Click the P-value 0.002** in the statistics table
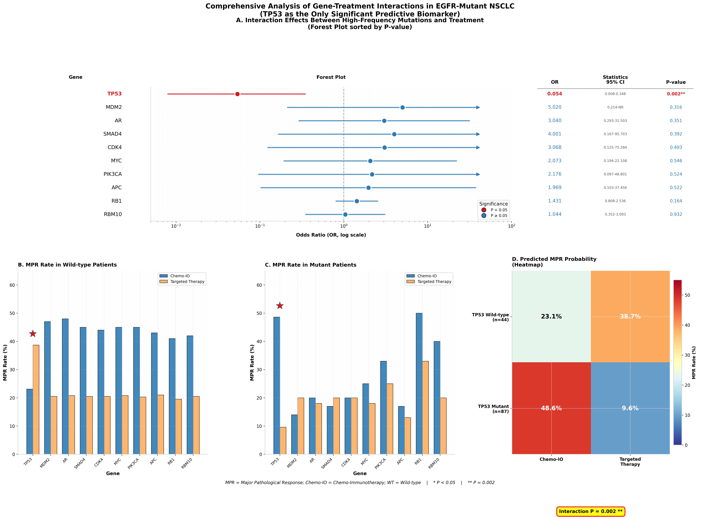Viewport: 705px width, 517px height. pyautogui.click(x=676, y=94)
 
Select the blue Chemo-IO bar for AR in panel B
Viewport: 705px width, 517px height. pyautogui.click(x=65, y=387)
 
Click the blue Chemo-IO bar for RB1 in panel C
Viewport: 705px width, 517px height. pyautogui.click(x=419, y=384)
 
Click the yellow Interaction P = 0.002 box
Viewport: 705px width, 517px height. pyautogui.click(x=590, y=511)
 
